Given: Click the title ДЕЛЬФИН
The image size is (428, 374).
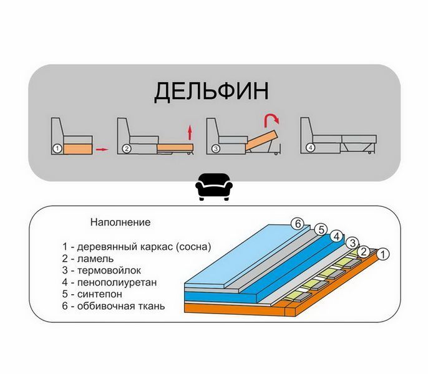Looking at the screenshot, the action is (212, 92).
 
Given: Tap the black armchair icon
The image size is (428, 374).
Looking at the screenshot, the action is (214, 187).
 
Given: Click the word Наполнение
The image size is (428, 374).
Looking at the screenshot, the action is (120, 223).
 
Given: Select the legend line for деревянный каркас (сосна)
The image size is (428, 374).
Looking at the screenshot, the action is (137, 247).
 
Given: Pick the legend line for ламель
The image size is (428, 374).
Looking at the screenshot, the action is (87, 259).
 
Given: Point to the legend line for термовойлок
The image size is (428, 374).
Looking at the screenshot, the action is (101, 271).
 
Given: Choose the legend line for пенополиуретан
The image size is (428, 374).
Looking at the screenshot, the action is (109, 282).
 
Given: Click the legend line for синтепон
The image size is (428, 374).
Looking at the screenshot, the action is (92, 294).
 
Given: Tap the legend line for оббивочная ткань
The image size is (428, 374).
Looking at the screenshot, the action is (114, 306).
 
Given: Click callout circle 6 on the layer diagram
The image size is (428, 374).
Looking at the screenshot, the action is (298, 224).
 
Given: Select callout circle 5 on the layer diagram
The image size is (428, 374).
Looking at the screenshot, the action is (321, 229).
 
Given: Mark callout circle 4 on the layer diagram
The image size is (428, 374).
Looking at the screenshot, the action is (336, 236).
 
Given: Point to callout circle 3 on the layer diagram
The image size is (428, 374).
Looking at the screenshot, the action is (353, 242).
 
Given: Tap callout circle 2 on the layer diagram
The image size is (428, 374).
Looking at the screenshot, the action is (363, 252).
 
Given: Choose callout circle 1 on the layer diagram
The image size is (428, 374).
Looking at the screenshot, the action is (383, 254).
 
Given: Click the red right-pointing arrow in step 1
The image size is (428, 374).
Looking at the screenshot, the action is (102, 149).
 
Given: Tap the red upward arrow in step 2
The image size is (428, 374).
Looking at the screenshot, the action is (190, 133).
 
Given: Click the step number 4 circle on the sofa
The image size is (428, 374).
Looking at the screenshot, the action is (310, 148).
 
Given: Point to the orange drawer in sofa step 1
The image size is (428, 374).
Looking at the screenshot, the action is (78, 149).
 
